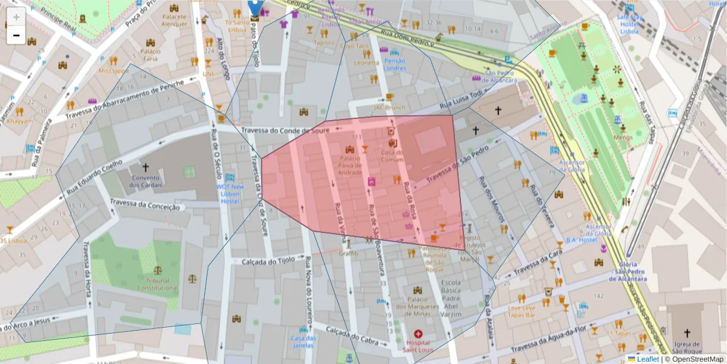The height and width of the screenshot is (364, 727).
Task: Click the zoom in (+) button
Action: (x=16, y=16)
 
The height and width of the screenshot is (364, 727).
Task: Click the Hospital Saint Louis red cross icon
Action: (x=418, y=334)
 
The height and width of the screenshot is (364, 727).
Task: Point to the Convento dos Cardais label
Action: (x=145, y=181)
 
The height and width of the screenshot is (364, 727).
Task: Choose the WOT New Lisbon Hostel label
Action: (x=230, y=194)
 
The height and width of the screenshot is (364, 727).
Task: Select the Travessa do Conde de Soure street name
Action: (x=285, y=130)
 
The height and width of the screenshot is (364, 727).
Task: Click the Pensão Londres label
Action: (x=395, y=64)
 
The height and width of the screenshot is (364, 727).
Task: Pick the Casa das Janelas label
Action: (x=304, y=342)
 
